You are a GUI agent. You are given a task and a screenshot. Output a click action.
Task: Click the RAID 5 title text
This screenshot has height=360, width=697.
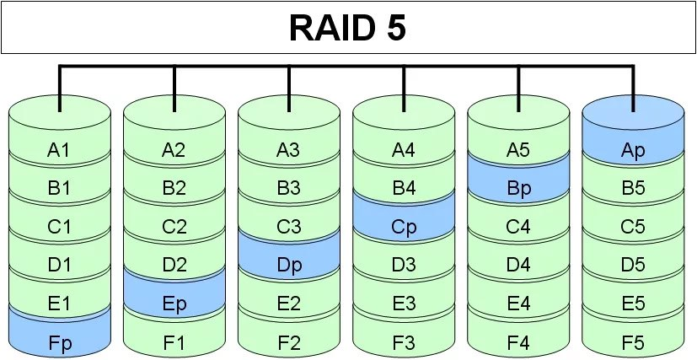pyautogui.click(x=347, y=28)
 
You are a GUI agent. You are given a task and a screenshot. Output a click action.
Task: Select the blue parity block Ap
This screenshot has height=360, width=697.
pyautogui.click(x=633, y=151)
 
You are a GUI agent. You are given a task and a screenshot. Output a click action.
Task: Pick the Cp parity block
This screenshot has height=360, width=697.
pyautogui.click(x=404, y=227)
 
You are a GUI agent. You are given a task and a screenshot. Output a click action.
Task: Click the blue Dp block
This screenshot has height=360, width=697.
pyautogui.click(x=288, y=265)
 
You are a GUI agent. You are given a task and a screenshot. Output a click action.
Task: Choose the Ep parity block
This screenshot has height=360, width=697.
pyautogui.click(x=174, y=303)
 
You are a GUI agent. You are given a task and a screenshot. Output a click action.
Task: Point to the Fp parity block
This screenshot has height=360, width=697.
pyautogui.click(x=59, y=341)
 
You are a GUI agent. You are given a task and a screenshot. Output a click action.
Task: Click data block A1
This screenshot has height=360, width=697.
pyautogui.click(x=59, y=151)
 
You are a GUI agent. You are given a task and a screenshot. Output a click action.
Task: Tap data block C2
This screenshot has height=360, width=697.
pyautogui.click(x=174, y=227)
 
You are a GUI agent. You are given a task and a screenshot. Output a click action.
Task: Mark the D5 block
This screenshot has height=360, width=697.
pyautogui.click(x=633, y=265)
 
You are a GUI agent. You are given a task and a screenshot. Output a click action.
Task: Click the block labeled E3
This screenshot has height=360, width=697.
pyautogui.click(x=404, y=303)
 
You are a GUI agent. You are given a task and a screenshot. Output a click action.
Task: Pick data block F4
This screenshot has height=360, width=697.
pyautogui.click(x=518, y=341)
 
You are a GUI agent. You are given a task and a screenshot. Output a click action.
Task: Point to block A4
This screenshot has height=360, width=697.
pyautogui.click(x=404, y=151)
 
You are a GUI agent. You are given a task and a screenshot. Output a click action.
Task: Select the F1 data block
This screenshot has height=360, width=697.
pyautogui.click(x=174, y=341)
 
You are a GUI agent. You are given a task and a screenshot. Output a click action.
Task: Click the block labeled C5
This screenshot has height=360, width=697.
pyautogui.click(x=633, y=227)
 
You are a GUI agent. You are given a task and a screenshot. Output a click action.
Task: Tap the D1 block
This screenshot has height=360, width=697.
pyautogui.click(x=59, y=265)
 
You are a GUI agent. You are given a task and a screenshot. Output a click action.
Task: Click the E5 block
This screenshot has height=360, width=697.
pyautogui.click(x=633, y=303)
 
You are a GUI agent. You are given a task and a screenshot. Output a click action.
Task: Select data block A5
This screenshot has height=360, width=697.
pyautogui.click(x=518, y=151)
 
